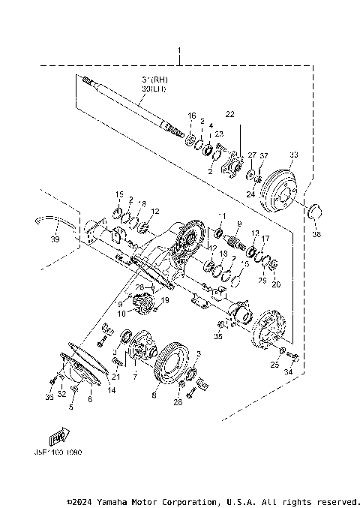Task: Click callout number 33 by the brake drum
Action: (x=294, y=155)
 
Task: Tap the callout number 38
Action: (x=316, y=234)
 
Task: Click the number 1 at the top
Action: (x=180, y=53)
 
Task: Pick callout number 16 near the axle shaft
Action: (x=192, y=116)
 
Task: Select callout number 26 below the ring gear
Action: (x=177, y=402)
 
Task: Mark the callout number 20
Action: (x=275, y=284)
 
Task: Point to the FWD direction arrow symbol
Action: (x=58, y=437)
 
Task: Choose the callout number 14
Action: (x=112, y=391)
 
